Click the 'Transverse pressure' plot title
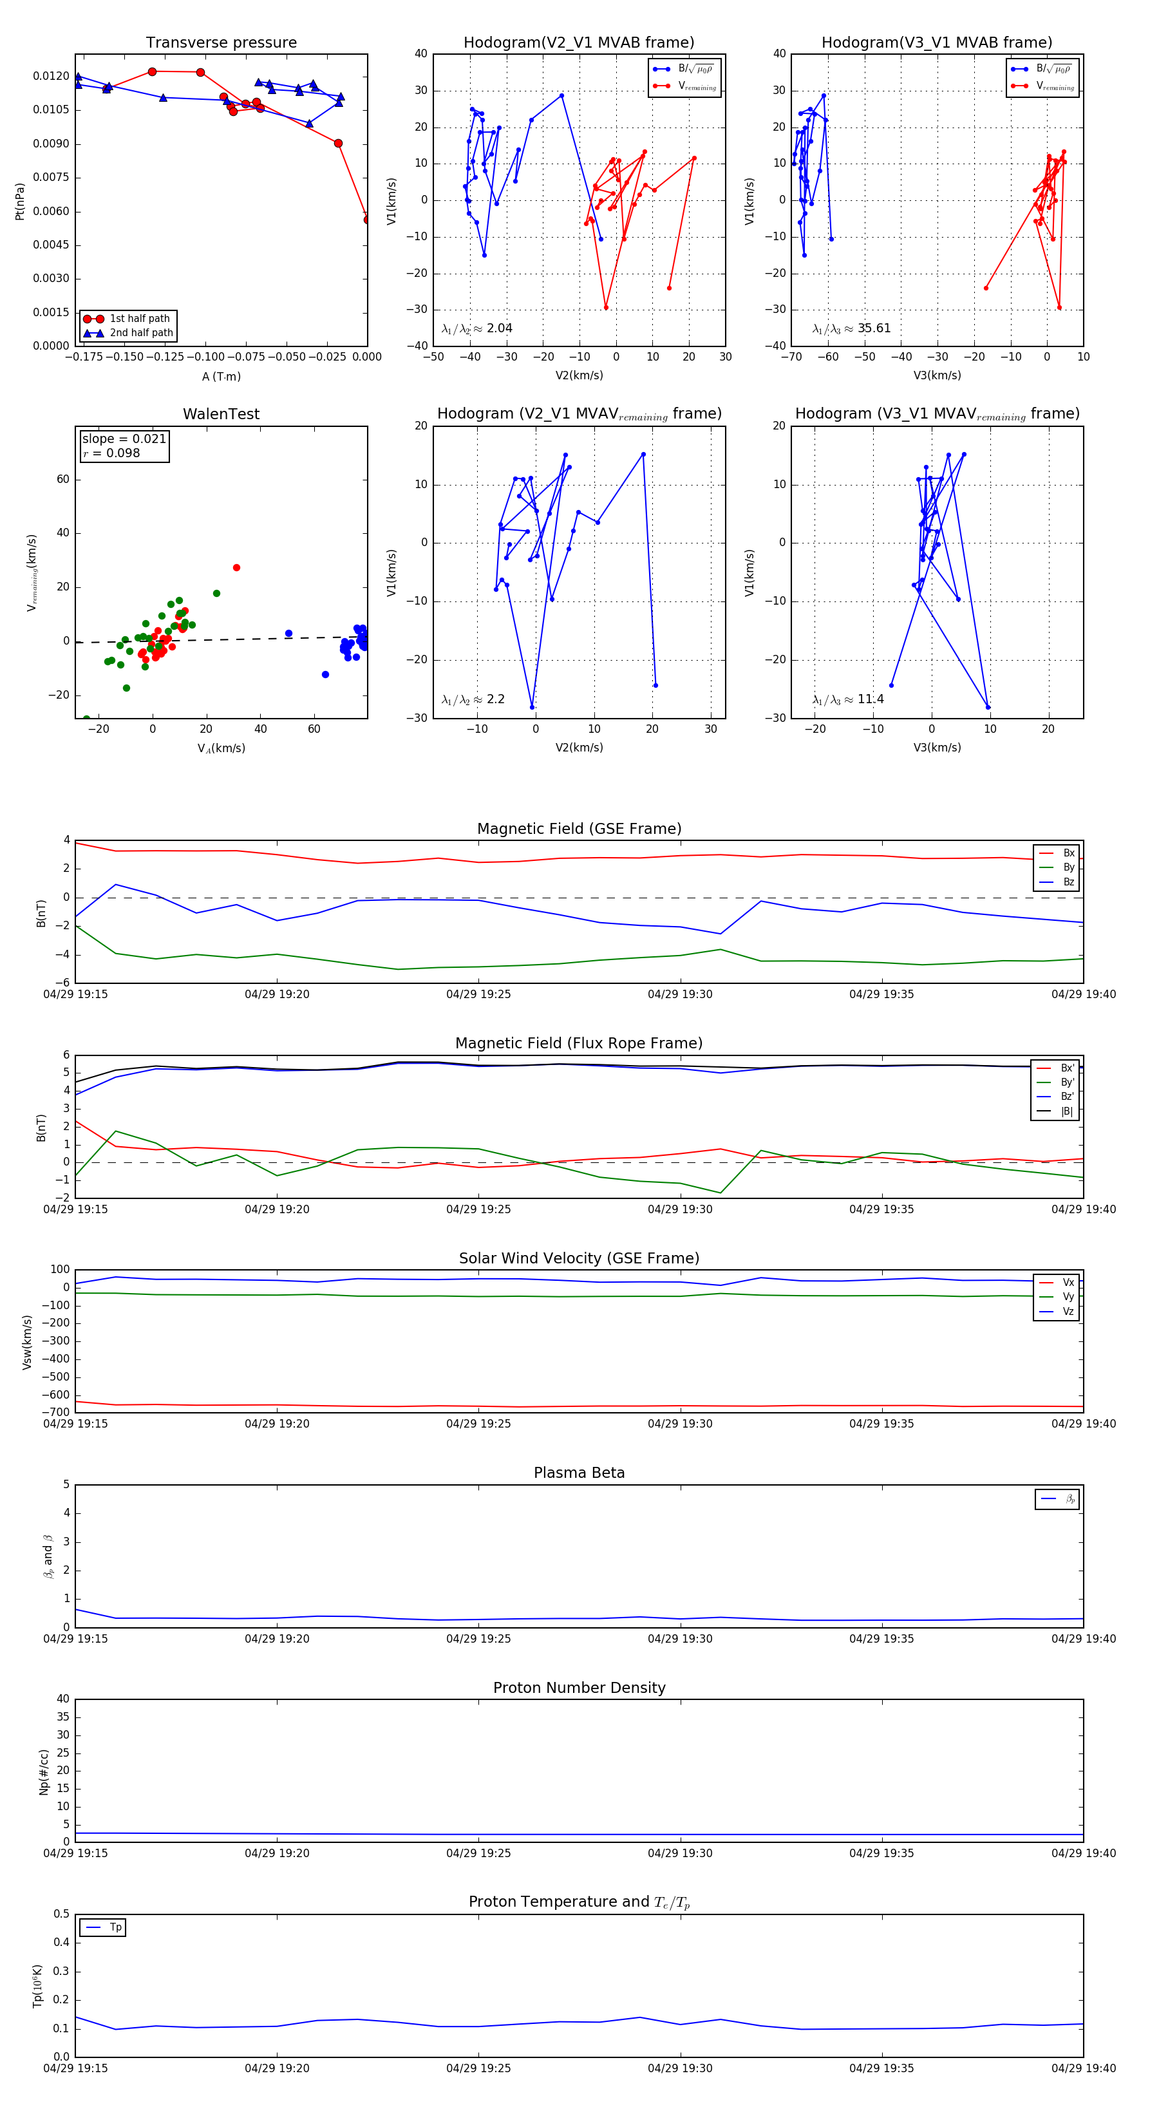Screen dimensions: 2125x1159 pos(221,43)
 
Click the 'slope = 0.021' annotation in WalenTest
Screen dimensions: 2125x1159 pos(124,439)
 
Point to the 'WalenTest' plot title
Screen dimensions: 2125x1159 pos(221,414)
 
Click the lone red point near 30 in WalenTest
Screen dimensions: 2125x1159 pos(237,567)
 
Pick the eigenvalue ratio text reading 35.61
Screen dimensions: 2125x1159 pos(851,328)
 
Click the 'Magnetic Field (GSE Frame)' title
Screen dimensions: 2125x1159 pos(579,829)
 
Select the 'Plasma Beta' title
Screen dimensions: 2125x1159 pos(579,1473)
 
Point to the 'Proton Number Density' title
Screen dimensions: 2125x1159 pos(579,1688)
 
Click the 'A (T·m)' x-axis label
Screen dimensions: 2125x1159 pos(221,377)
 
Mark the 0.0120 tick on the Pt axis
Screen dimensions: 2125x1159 pos(51,76)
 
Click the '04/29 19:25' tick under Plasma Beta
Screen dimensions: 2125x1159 pos(478,1639)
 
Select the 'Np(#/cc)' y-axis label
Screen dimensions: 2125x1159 pos(44,1772)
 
